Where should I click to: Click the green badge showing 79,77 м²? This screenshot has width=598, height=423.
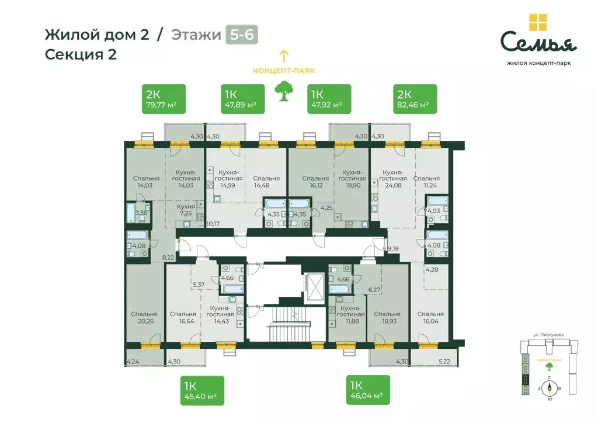pos(164,99)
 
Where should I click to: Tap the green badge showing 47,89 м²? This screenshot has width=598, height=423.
pos(243,99)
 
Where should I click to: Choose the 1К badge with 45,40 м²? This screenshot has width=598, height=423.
pos(203,390)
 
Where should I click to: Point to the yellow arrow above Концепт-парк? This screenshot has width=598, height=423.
pos(284,56)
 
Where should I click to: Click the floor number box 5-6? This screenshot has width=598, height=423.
pos(241,34)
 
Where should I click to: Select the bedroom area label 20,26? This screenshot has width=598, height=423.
pos(144,321)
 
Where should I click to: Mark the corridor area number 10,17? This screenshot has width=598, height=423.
pos(214,223)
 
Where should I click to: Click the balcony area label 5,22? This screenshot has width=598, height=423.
pos(446,362)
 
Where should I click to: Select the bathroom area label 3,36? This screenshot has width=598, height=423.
pos(141,213)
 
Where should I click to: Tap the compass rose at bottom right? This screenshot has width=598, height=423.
pos(549,388)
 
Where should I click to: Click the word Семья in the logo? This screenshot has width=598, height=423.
pos(538,43)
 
